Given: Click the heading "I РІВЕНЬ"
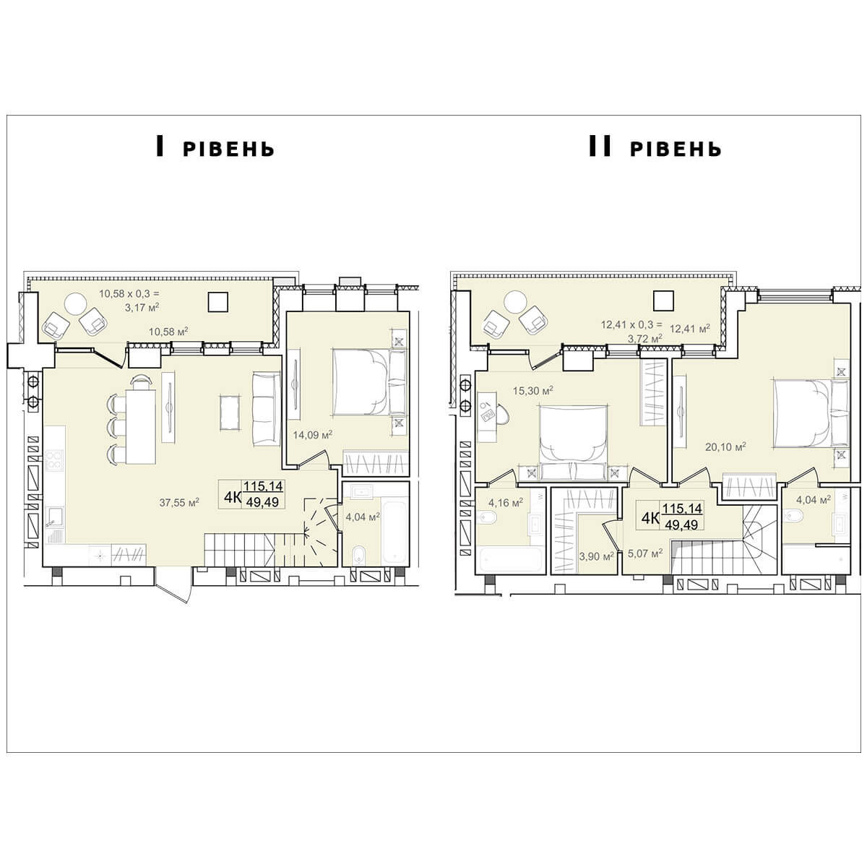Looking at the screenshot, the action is pyautogui.click(x=215, y=147).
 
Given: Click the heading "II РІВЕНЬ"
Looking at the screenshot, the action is pyautogui.click(x=655, y=147).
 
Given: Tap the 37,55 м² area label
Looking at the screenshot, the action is pyautogui.click(x=179, y=502).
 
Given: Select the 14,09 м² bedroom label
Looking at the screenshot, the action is pyautogui.click(x=312, y=435).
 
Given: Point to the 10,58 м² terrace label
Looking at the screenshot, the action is pyautogui.click(x=168, y=332).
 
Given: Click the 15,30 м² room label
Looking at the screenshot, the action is pyautogui.click(x=532, y=390).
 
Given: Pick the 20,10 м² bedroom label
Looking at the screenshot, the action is pyautogui.click(x=725, y=447).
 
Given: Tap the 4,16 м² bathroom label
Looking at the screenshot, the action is pyautogui.click(x=505, y=502).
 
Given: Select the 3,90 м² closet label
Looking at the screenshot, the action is pyautogui.click(x=596, y=556).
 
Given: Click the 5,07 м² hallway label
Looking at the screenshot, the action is pyautogui.click(x=645, y=553).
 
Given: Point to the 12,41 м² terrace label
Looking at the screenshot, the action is pyautogui.click(x=690, y=329).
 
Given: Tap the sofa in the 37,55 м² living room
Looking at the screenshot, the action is pyautogui.click(x=267, y=409).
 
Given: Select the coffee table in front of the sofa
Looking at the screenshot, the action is pyautogui.click(x=230, y=413).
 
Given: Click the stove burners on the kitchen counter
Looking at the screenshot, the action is pyautogui.click(x=54, y=460).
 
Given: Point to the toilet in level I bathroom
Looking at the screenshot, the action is pyautogui.click(x=358, y=554).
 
